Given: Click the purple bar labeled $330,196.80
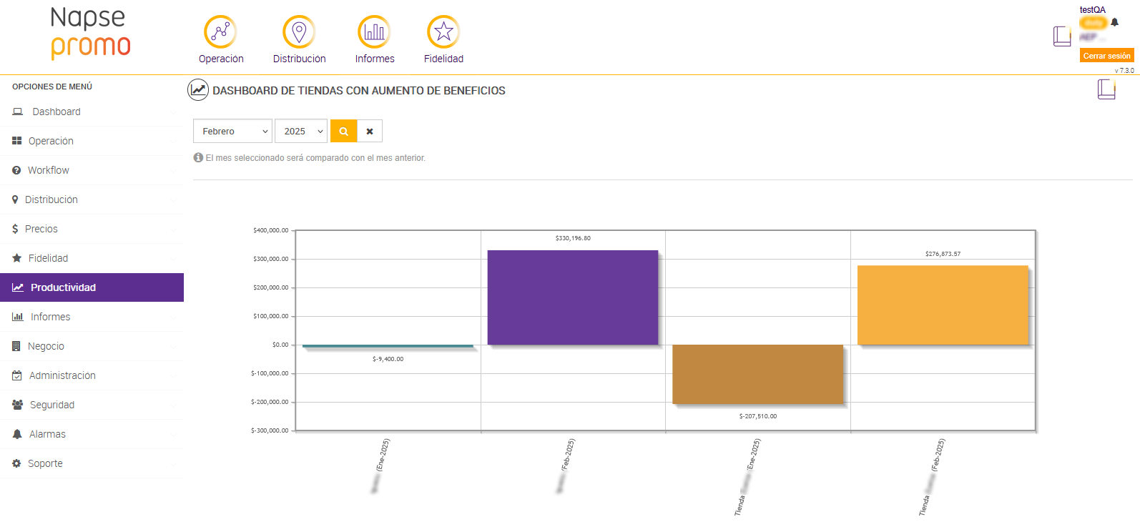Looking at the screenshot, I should pyautogui.click(x=572, y=297).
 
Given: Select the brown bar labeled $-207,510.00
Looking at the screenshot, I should pyautogui.click(x=757, y=374).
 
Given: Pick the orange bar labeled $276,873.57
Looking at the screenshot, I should pyautogui.click(x=943, y=305).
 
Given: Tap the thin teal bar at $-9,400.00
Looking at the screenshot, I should pyautogui.click(x=388, y=346).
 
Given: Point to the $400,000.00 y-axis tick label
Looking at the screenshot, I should pyautogui.click(x=270, y=230).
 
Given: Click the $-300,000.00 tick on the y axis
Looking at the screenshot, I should pyautogui.click(x=270, y=430).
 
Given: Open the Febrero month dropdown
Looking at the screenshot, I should pyautogui.click(x=232, y=132).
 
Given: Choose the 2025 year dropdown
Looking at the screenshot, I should pyautogui.click(x=301, y=132).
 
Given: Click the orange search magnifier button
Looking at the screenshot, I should pyautogui.click(x=344, y=132).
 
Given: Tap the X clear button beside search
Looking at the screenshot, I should pyautogui.click(x=370, y=132).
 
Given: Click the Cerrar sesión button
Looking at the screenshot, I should pyautogui.click(x=1106, y=56).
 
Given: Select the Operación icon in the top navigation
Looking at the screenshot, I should pyautogui.click(x=220, y=32).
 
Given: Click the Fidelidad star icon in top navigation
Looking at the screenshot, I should pyautogui.click(x=443, y=32).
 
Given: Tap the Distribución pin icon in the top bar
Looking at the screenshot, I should pyautogui.click(x=299, y=32).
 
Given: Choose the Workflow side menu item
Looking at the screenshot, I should pyautogui.click(x=49, y=170).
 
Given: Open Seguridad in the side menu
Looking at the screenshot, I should pyautogui.click(x=52, y=405).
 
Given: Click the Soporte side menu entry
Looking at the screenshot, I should pyautogui.click(x=45, y=463).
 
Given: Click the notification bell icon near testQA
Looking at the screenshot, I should pyautogui.click(x=1114, y=22).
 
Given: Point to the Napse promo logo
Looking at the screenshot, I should pyautogui.click(x=91, y=33).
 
